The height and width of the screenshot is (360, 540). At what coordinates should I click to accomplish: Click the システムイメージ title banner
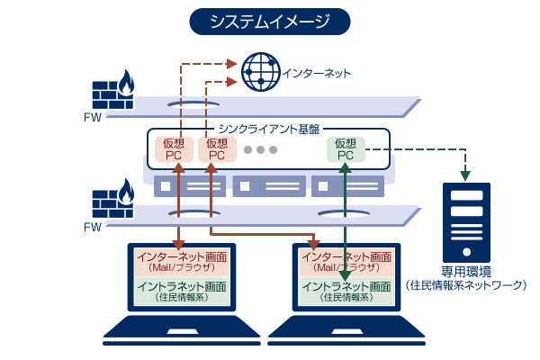pos(269,21)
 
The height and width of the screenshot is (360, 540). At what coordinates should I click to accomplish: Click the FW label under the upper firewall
pos(92,117)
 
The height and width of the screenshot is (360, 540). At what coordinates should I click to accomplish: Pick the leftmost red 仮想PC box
pos(174,149)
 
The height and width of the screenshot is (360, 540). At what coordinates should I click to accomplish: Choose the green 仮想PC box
pos(346,149)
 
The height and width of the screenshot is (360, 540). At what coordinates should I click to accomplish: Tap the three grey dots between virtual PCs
pos(261,149)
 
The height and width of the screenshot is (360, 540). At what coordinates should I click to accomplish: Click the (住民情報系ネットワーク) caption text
pos(466,286)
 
